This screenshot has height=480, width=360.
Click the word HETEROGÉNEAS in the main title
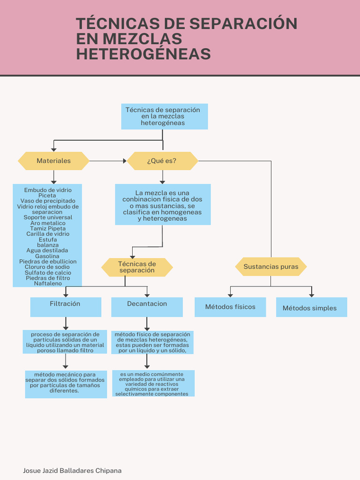click(143, 54)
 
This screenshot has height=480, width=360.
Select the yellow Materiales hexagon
click(53, 161)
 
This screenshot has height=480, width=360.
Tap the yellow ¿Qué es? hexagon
click(162, 161)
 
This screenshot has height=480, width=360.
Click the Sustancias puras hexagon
click(270, 267)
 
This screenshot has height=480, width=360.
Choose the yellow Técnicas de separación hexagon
click(137, 267)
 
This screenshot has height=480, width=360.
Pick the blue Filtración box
click(66, 307)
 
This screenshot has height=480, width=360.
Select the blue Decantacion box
click(147, 307)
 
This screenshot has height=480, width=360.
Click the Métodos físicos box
click(230, 307)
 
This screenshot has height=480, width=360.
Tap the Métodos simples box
click(311, 307)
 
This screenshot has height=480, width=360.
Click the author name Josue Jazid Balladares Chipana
click(72, 470)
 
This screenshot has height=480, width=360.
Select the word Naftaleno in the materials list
click(48, 284)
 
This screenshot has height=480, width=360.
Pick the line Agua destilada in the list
click(47, 250)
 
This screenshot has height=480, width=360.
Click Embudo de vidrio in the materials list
click(48, 190)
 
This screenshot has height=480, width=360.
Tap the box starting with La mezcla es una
click(163, 204)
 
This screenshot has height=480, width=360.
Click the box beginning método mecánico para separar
click(66, 383)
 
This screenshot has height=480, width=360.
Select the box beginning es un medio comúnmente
click(153, 383)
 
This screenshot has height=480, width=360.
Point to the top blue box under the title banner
click(164, 116)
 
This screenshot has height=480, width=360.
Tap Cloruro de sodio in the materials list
click(48, 267)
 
